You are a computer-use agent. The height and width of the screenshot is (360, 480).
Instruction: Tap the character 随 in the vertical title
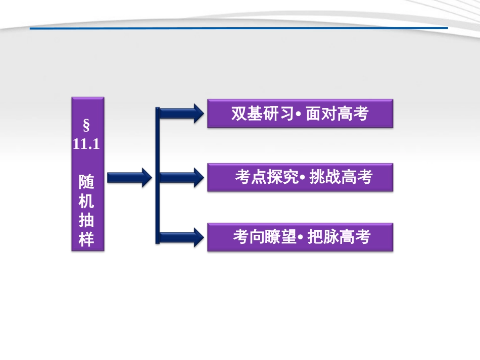point(86,180)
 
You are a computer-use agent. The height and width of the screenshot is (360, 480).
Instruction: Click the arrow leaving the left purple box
point(129,177)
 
